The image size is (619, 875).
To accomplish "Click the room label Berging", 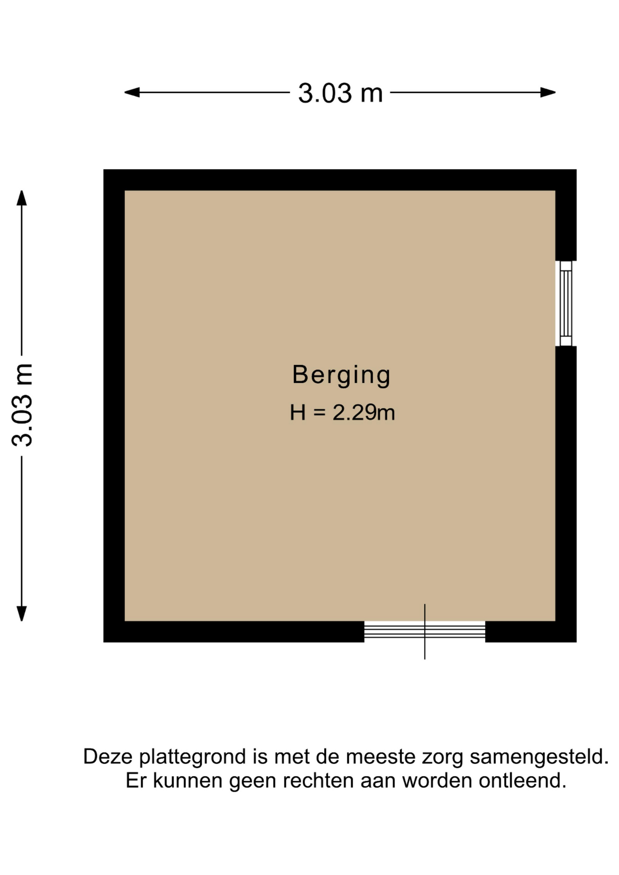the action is coord(341,376).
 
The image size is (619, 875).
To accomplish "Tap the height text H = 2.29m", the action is coord(342,412).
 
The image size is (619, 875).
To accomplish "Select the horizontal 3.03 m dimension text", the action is coord(340,93).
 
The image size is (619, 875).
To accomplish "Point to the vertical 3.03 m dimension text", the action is coord(22,405).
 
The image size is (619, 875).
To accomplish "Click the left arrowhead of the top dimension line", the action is coord(132,93).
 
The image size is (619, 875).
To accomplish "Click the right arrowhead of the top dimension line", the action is coord(548,93).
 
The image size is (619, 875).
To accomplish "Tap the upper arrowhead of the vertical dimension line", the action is coord(21,198).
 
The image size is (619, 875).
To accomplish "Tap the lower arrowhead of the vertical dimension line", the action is coord(21,613).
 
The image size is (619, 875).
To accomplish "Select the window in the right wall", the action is coord(565,304).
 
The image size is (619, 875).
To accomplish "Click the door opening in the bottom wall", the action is coord(424,632).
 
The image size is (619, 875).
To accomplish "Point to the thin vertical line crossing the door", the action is coord(425,632).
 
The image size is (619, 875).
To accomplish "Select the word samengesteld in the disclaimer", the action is coord(539,757).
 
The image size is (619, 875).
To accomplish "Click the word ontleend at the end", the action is coord(522,781).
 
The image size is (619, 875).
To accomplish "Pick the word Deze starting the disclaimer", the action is coord(108,757).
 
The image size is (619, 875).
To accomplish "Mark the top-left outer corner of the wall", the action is coord(104,170).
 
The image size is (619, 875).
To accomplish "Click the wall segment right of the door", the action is coord(531,632).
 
